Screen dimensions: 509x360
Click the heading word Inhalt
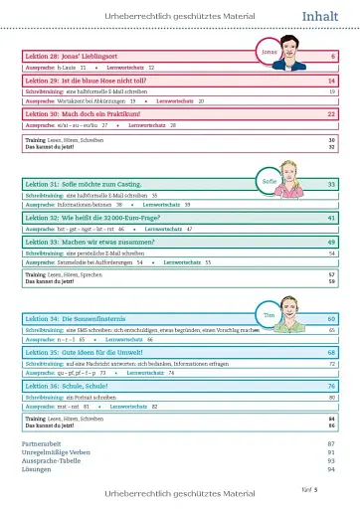(322, 16)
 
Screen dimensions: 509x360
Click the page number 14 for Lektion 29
(331, 80)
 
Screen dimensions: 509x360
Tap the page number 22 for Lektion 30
(331, 114)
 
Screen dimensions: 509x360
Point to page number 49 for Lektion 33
(331, 242)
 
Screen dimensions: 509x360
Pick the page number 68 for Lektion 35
(331, 352)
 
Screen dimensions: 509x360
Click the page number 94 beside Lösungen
(331, 469)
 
